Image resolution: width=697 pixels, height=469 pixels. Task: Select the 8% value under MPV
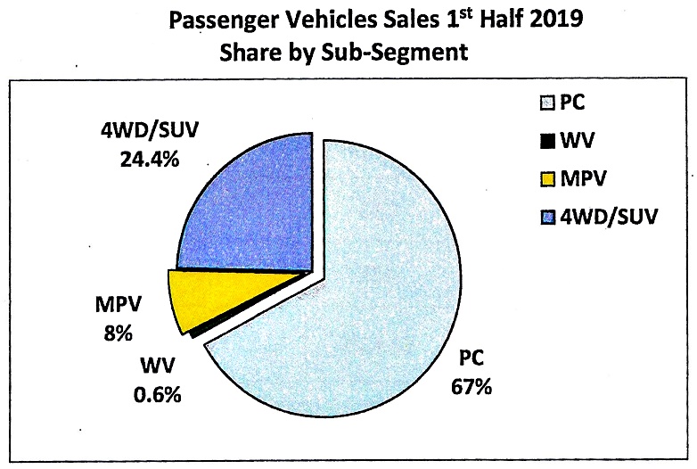point(117,334)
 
